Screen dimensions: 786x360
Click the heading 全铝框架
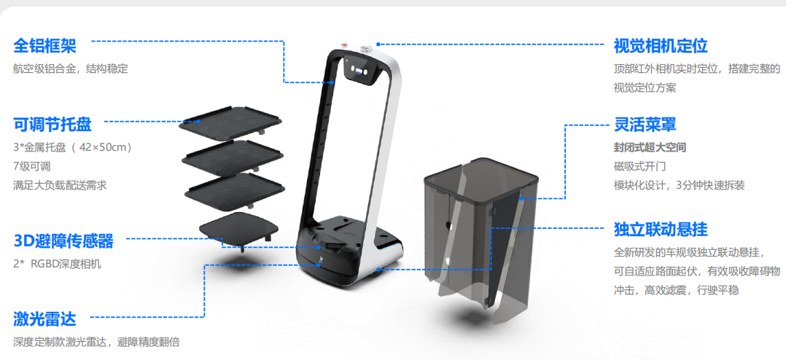pos(44,46)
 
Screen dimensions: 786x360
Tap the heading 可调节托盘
pos(52,124)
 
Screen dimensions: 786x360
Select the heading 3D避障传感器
pos(63,241)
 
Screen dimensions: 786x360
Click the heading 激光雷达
pos(44,318)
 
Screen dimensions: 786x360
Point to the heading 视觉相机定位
pos(661,46)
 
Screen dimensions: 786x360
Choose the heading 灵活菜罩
pos(645,124)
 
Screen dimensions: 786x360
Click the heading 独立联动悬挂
pos(661,230)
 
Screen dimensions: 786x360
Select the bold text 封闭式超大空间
pos(650,148)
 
